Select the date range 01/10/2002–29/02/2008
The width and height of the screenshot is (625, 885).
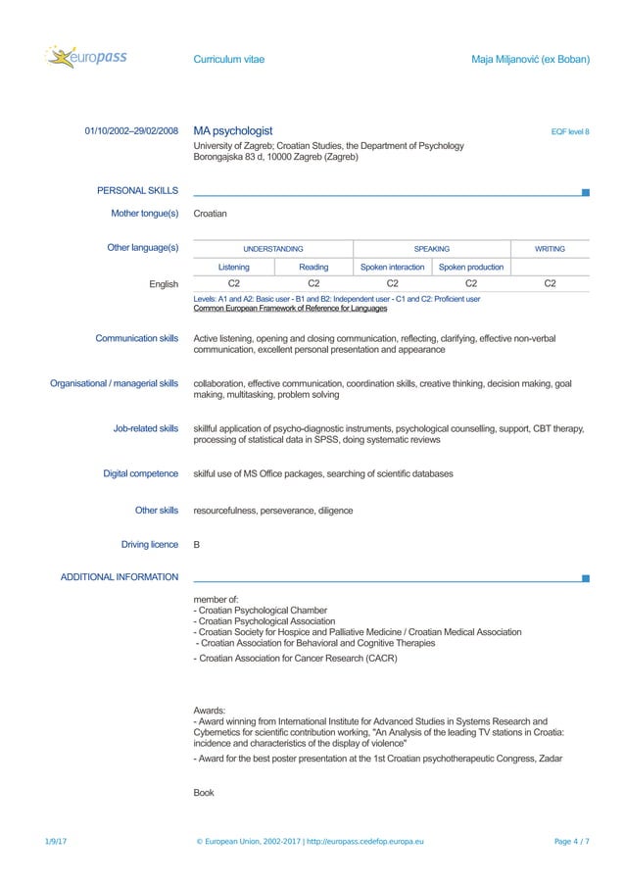131,131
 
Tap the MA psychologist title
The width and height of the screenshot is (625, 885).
233,131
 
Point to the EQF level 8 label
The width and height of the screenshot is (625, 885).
570,132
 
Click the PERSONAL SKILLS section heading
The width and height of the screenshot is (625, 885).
137,190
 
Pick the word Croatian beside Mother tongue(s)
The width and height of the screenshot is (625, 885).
211,213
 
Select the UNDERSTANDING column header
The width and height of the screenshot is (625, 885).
273,249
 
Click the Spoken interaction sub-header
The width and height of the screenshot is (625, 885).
392,267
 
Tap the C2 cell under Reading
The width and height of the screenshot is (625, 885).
313,284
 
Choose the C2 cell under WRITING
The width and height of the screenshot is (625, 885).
550,284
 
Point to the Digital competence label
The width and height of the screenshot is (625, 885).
141,474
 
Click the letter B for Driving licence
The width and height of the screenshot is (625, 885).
197,545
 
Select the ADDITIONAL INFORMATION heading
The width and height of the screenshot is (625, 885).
120,577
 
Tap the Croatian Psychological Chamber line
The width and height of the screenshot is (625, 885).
261,610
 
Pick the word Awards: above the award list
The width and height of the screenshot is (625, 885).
211,710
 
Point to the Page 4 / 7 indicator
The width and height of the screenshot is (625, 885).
572,842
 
